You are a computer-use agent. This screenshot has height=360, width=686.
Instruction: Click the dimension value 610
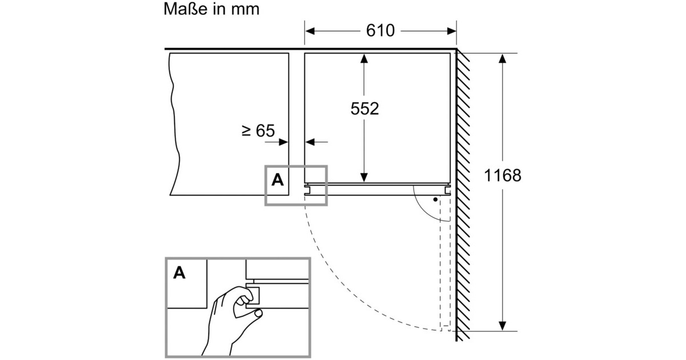380,30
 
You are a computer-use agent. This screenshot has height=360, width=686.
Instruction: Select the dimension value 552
364,109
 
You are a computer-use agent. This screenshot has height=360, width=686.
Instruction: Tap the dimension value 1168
502,175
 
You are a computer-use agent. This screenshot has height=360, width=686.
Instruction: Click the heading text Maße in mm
211,9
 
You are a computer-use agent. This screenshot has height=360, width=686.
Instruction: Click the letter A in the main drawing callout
277,180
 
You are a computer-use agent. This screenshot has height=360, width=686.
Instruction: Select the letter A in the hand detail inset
179,273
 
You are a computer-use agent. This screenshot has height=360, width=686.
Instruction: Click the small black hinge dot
436,200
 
